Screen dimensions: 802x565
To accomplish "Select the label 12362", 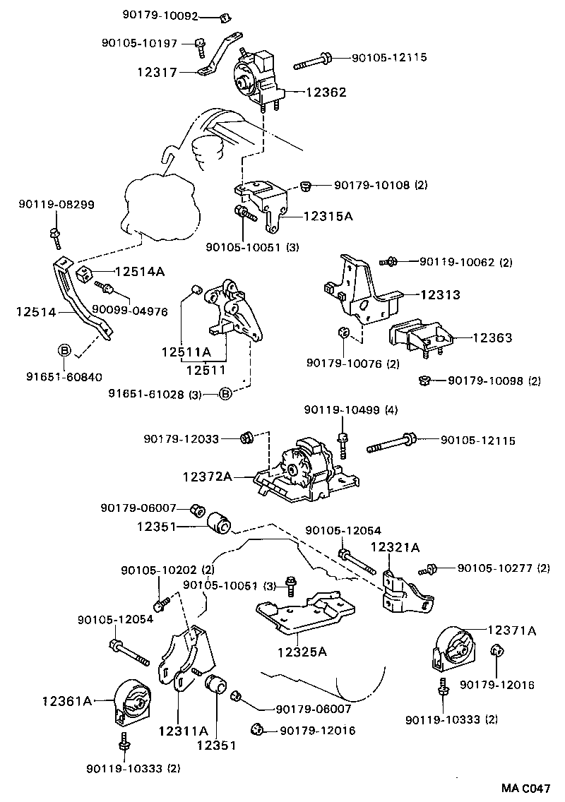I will point(326,92).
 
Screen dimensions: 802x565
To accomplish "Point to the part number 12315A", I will point(328,216).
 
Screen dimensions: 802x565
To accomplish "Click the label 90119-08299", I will point(56,205).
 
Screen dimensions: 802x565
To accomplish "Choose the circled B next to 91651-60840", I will point(64,350).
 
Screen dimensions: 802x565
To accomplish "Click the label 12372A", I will point(208,477).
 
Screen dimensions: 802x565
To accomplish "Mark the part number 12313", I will point(441,295).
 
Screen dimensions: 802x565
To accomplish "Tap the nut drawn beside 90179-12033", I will point(247,438).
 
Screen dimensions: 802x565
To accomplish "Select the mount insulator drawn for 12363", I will point(421,338).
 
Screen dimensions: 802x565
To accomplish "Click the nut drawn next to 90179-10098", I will point(425,381).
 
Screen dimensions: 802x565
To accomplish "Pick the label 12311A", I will point(183,731).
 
